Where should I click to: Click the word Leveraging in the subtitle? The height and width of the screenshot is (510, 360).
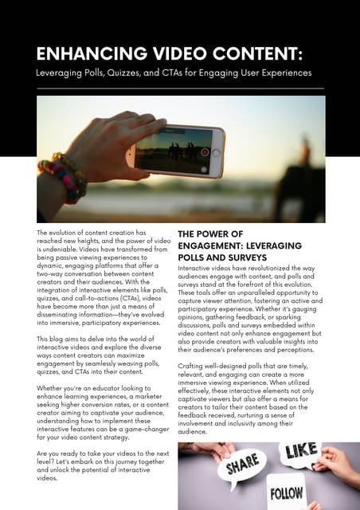click(x=58, y=73)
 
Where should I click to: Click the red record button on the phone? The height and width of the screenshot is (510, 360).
click(x=205, y=151)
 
